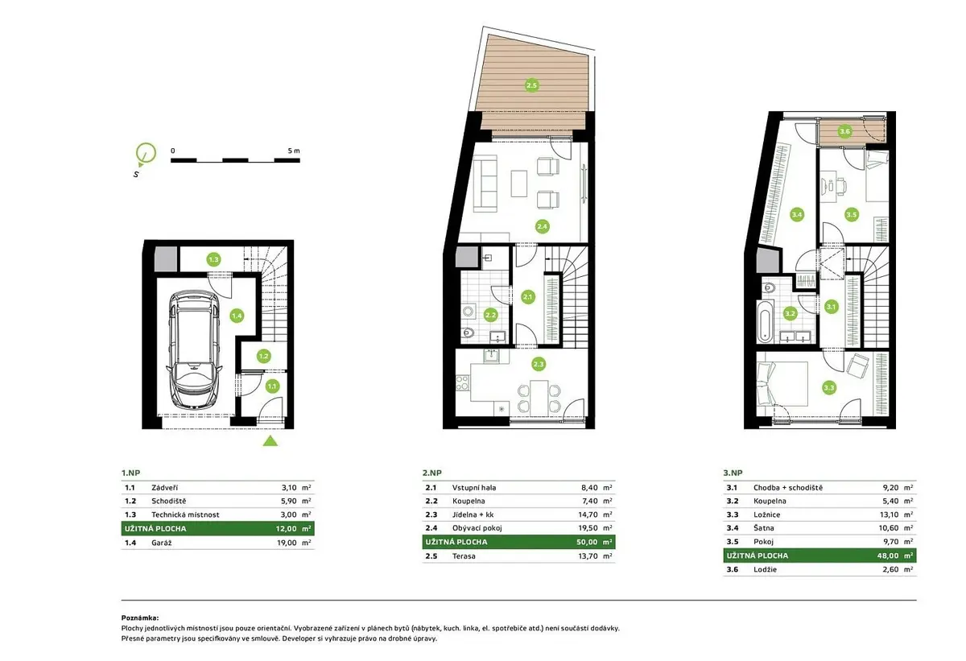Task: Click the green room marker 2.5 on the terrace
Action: point(531,85)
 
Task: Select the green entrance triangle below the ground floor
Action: point(270,441)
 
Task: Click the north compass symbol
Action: point(146,154)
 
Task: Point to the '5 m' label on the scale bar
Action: point(294,151)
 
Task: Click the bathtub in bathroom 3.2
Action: point(765,322)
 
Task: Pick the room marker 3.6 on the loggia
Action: point(844,131)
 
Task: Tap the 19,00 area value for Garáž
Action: point(287,543)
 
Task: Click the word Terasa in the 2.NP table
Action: point(464,556)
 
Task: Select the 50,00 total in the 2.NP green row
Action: point(587,542)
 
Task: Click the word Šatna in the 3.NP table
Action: point(764,528)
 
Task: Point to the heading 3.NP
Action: point(733,473)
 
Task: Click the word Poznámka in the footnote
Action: point(140,618)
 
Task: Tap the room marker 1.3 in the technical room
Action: point(213,259)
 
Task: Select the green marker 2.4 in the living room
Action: point(542,226)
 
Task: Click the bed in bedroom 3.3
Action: point(782,384)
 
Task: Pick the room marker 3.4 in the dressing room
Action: point(796,214)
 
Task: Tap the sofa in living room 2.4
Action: point(485,184)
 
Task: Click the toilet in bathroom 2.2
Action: point(468,333)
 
